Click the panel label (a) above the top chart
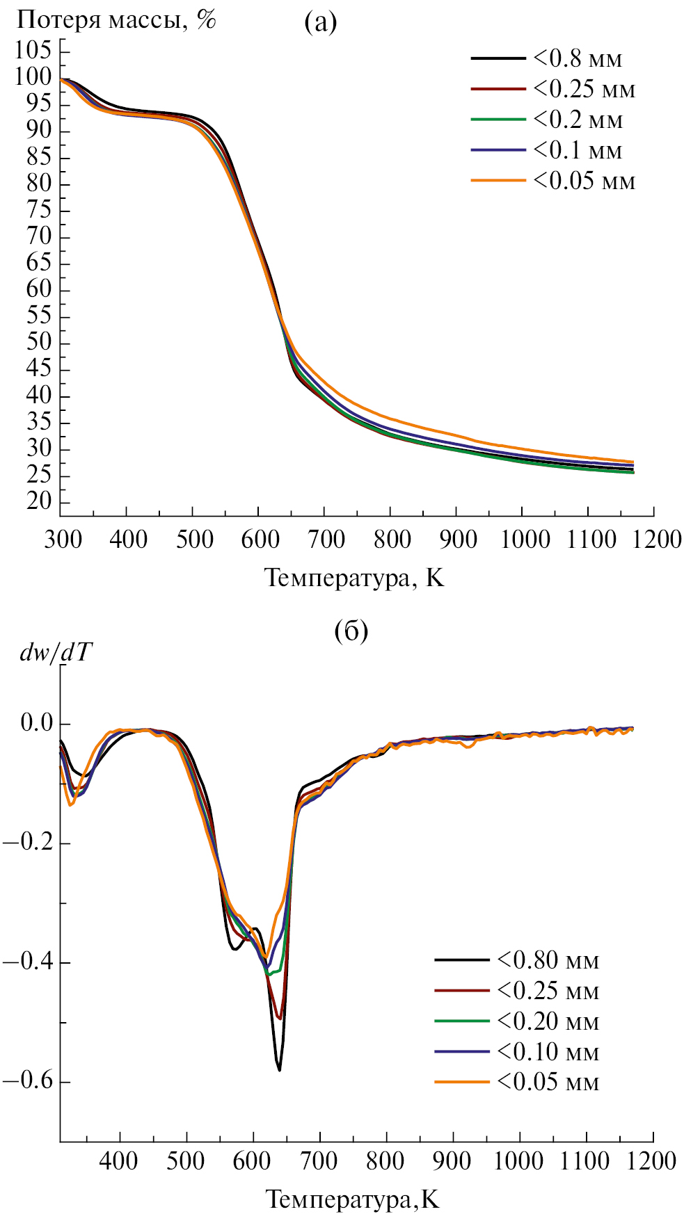point(320,24)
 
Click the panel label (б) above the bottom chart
point(351,631)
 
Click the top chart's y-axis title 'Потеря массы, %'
point(116,19)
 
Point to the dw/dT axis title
point(56,652)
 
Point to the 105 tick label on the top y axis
point(33,50)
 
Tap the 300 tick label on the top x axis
point(63,540)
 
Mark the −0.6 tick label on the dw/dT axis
point(28,1082)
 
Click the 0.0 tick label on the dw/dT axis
point(36,723)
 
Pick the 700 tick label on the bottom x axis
point(319,1160)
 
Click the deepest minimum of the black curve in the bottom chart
point(279,1069)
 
